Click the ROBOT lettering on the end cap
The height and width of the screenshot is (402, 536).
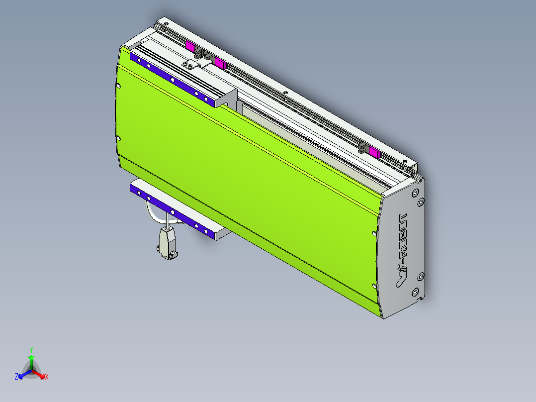(403, 239)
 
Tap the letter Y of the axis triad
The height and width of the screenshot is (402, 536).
(31, 350)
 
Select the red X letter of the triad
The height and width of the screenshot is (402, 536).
(47, 377)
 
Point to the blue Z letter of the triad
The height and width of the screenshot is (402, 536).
(16, 377)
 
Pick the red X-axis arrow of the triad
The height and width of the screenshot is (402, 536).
(41, 375)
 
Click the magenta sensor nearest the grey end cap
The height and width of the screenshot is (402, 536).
(375, 152)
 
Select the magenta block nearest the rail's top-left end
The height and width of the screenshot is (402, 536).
(189, 46)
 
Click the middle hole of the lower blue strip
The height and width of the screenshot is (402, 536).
(172, 212)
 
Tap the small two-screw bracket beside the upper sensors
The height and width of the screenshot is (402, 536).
(190, 64)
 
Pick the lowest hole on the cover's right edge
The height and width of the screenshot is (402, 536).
(374, 286)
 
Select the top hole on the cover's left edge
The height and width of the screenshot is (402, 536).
(118, 86)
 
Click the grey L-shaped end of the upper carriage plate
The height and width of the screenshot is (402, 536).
(227, 97)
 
